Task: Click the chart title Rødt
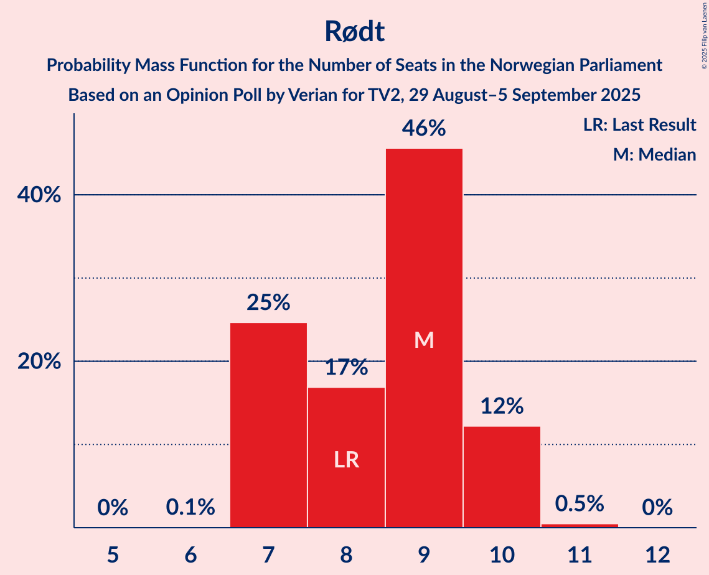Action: [354, 31]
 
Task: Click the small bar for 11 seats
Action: [580, 525]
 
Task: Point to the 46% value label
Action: [424, 128]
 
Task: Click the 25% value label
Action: [268, 302]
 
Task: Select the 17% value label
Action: [346, 367]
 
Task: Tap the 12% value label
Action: [502, 406]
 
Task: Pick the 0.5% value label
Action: [580, 503]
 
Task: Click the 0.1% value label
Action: [190, 508]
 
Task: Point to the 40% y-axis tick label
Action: [39, 195]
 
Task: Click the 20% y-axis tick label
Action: [39, 362]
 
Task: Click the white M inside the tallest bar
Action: [424, 340]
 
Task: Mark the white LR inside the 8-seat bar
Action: [346, 460]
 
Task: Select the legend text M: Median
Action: [654, 154]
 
